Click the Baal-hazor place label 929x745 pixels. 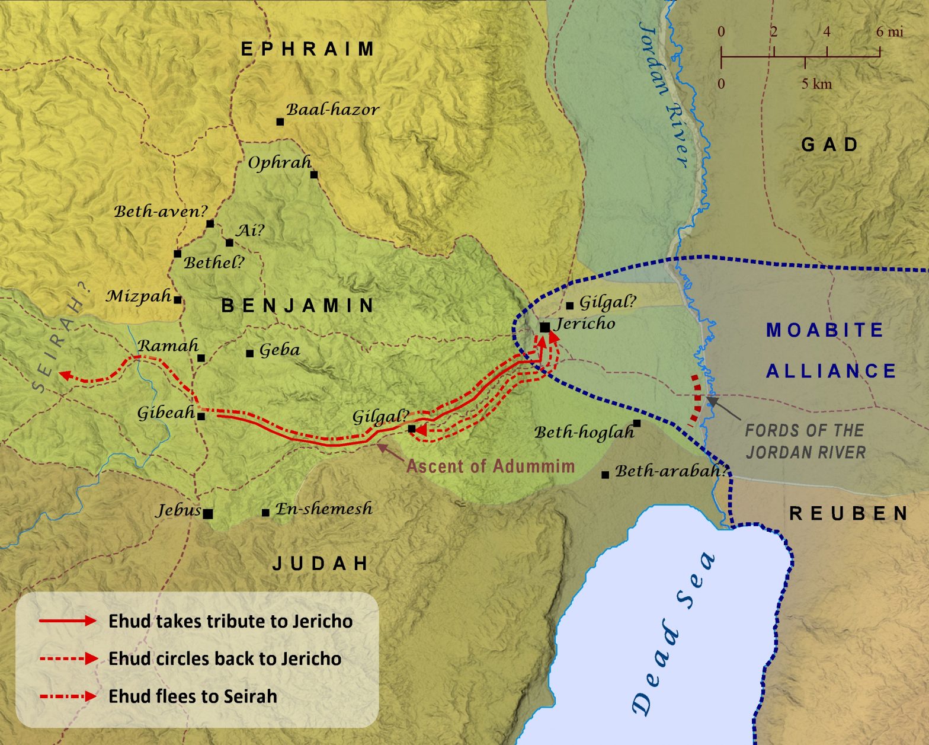[332, 110]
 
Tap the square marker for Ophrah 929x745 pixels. [314, 174]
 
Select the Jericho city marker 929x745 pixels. [544, 327]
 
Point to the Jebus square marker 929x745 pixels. [208, 513]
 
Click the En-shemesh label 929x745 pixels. [324, 509]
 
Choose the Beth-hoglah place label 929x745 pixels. [584, 433]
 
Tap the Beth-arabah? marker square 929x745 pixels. [605, 475]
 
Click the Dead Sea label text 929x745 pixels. [674, 634]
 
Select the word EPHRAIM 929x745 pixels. [307, 49]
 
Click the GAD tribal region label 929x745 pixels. [829, 145]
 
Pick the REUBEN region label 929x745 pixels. [848, 513]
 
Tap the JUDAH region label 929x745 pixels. [321, 563]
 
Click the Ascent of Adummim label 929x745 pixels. [490, 466]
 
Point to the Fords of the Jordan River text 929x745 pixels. [805, 442]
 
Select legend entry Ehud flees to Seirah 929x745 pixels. [193, 696]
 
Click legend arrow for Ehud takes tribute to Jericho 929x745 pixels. [68, 621]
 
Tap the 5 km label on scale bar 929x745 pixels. [816, 84]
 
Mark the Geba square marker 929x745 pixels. [250, 353]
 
